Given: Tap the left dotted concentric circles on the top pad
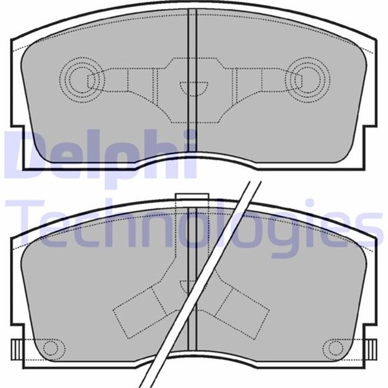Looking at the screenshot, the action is coord(82,79).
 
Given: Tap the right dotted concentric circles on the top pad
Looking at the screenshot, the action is coord(307,79).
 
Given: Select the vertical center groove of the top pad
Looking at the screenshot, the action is coord(192,80).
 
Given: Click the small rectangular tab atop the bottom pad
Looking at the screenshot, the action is coord(192,196).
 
